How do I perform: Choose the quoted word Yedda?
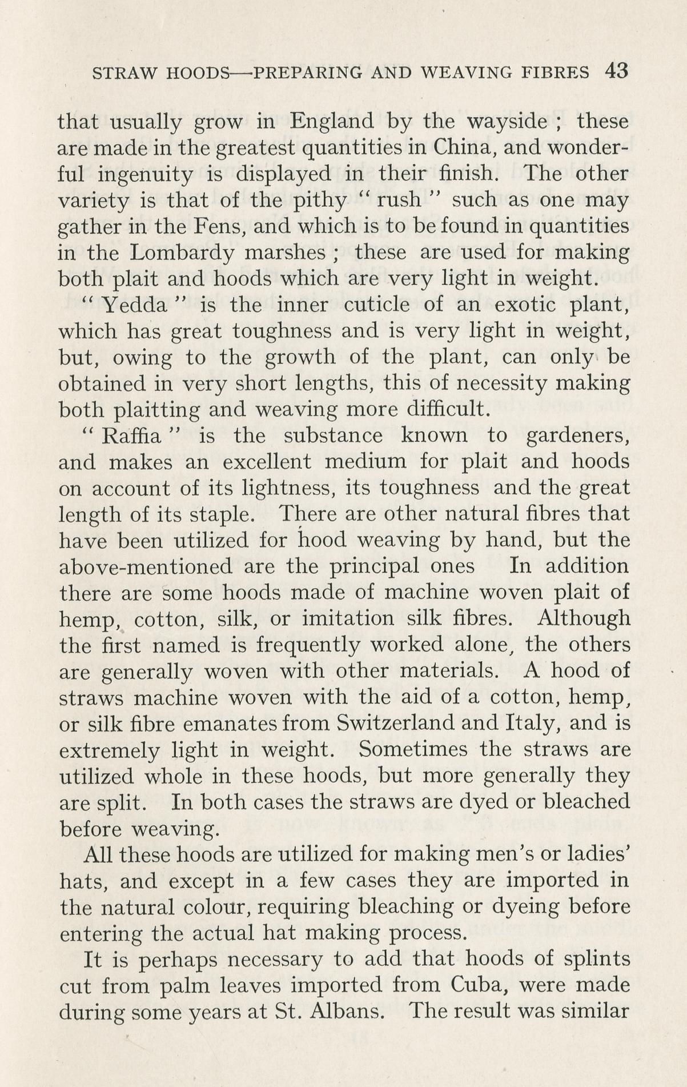point(135,305)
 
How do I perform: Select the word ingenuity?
point(144,174)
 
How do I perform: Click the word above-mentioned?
point(146,567)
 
